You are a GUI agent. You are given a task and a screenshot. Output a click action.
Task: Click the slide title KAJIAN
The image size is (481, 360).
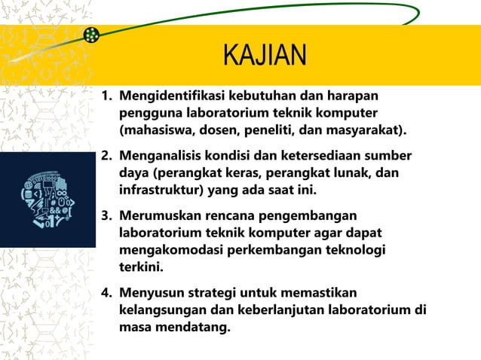pos(265,56)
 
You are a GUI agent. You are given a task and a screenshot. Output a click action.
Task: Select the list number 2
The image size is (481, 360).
pos(106,156)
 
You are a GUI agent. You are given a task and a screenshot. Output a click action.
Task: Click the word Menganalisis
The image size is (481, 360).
pos(161,156)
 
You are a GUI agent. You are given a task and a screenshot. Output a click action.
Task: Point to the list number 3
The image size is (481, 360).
pos(106,216)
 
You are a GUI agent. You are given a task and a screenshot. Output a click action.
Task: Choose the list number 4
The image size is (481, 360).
pos(106,292)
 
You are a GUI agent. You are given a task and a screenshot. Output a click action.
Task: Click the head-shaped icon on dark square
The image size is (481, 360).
pos(47,200)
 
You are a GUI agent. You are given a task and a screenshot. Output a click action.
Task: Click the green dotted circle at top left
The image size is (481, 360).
pos(92,35)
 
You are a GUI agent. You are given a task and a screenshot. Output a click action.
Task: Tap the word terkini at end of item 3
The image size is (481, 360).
pos(138,267)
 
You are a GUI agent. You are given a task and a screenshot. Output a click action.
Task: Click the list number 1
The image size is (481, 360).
pos(106,96)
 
